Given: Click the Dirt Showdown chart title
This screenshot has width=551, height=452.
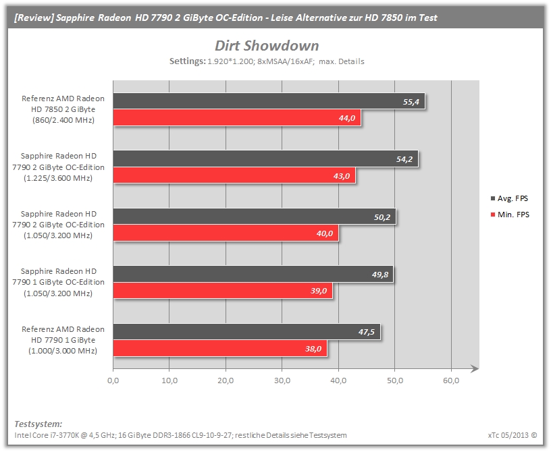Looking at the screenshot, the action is pos(267,46).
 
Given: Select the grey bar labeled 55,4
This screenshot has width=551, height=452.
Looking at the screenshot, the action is pos(269,101).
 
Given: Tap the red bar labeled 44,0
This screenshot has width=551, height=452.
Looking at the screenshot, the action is pos(237,117).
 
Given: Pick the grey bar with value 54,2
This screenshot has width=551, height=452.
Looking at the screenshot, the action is pos(265,159).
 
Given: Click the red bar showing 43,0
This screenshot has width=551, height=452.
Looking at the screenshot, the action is pos(234,175).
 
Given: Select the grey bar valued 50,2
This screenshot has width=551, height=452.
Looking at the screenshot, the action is pos(255,217).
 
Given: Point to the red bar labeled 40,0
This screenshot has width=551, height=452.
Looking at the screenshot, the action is pos(226,233).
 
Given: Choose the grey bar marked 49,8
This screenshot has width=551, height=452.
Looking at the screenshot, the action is pos(253,274).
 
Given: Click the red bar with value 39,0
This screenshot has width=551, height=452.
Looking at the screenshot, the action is pos(223,291).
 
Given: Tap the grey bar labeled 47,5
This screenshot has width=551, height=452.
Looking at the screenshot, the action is pos(246,331).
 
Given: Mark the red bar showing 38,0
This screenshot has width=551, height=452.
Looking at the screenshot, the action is pos(220,348).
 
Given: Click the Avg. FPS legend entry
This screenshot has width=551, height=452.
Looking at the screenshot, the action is pos(509,198).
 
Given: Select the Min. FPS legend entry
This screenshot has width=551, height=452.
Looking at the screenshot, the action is pos(510,215).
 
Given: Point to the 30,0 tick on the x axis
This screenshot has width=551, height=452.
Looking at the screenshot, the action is pos(282,380).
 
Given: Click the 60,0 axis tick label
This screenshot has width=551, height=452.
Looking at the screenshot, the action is pos(451,380).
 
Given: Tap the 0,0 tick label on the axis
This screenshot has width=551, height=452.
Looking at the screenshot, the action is pos(113,380).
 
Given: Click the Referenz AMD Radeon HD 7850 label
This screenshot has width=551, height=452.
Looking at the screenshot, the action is pos(63,109).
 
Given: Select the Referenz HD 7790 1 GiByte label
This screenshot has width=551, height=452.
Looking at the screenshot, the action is pos(63,340).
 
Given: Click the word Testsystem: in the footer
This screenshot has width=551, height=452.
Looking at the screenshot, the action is pos(38,424).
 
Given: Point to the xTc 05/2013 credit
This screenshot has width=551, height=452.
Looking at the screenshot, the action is pos(513,435).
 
